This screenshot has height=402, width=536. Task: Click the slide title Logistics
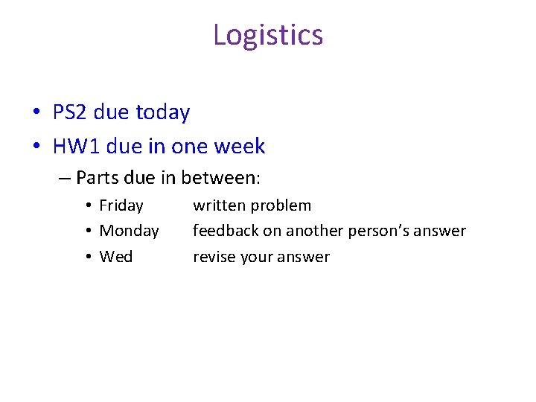click(x=268, y=35)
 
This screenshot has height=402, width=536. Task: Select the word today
click(x=164, y=113)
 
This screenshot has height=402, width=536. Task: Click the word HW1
click(x=77, y=147)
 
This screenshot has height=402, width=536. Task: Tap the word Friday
click(x=121, y=205)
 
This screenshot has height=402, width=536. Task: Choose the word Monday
click(x=129, y=232)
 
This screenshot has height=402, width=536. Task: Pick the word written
click(x=218, y=205)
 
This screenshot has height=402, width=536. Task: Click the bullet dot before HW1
click(x=36, y=147)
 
